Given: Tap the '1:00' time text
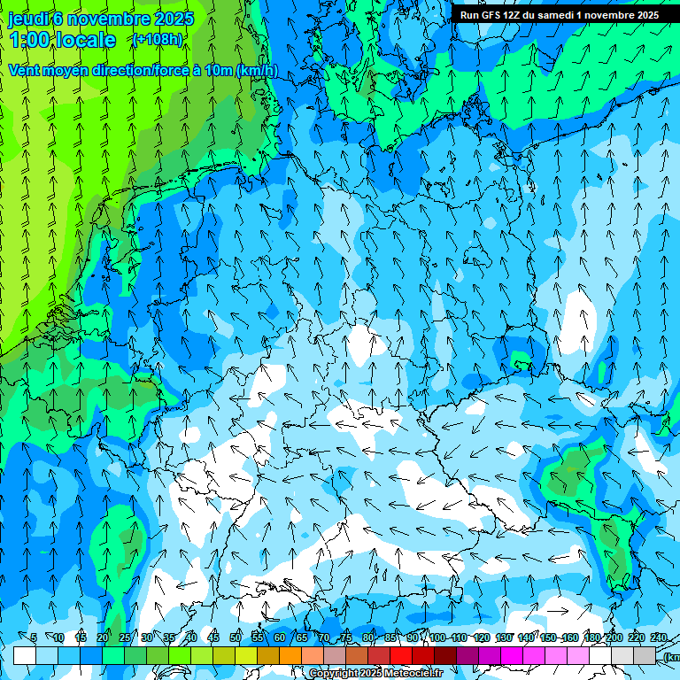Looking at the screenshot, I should pos(29,40).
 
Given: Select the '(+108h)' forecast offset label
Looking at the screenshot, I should pos(157,40).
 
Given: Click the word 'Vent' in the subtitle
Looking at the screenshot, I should pos(26,70).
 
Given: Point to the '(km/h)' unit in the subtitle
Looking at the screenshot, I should pos(256,70).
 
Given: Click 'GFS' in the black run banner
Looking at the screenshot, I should pos(491,15).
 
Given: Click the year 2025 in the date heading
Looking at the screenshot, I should pos(173,19).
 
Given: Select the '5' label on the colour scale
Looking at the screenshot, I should pos(34,637).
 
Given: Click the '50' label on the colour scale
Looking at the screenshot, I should pos(236,637).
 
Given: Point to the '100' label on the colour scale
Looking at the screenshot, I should pos(437,637).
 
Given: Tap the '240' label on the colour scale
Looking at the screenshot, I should pos(659,637).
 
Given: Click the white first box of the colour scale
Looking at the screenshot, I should pos(24,655).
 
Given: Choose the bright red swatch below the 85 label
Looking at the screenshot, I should pos(401,655).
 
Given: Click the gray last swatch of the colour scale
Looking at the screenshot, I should pos(645,655).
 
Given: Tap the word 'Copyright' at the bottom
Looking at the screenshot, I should pos(333,674).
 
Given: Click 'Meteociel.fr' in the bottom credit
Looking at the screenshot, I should pos(411,674).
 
